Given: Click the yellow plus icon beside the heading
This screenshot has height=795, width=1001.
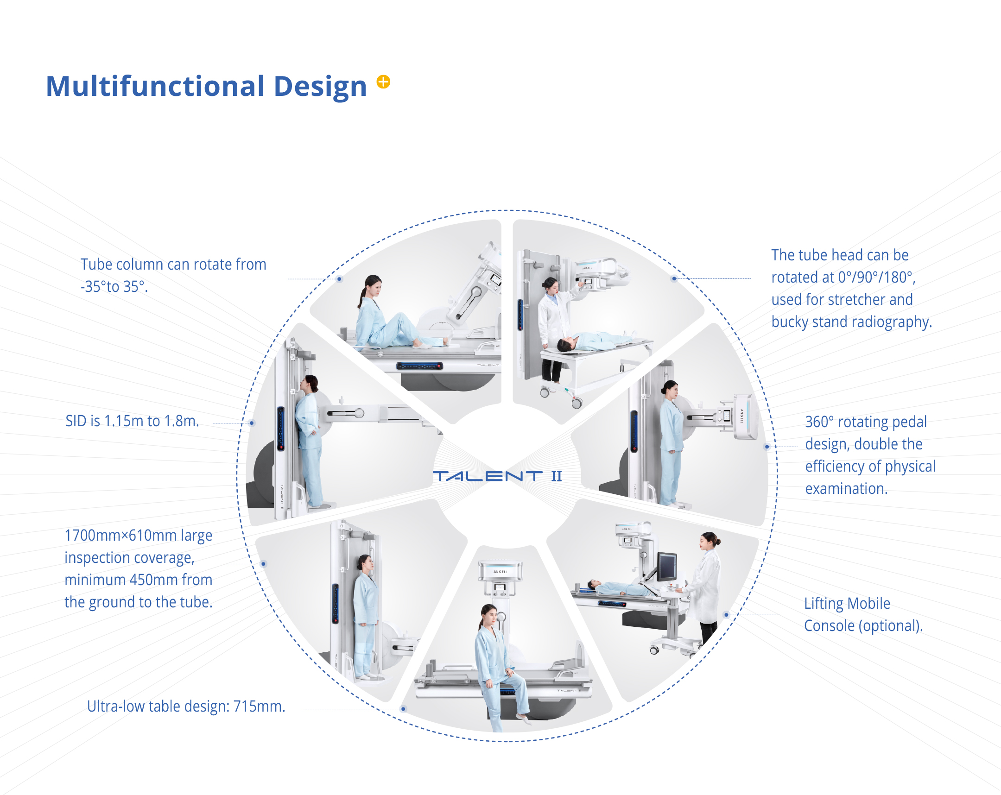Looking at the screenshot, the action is pyautogui.click(x=383, y=82).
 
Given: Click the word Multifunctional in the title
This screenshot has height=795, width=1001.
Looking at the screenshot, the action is pyautogui.click(x=156, y=86).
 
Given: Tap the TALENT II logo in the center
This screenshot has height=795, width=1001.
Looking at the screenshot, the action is pyautogui.click(x=497, y=476).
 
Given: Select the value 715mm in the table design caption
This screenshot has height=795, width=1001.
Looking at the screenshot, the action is pyautogui.click(x=259, y=706).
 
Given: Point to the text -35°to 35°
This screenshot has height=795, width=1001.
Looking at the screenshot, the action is pyautogui.click(x=114, y=287).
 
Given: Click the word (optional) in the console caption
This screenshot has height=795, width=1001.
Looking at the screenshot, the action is pyautogui.click(x=891, y=625).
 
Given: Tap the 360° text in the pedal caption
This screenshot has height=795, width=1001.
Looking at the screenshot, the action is pyautogui.click(x=819, y=422).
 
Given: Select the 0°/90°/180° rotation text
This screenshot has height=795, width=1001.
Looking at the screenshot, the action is pyautogui.click(x=877, y=277).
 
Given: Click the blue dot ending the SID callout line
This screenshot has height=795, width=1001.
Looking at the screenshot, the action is pyautogui.click(x=252, y=423).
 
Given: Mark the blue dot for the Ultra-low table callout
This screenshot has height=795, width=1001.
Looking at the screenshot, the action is pyautogui.click(x=404, y=709).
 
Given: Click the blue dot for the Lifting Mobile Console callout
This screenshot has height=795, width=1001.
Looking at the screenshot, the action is pyautogui.click(x=727, y=615).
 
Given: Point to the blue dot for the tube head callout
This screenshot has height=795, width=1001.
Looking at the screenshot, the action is pyautogui.click(x=674, y=278).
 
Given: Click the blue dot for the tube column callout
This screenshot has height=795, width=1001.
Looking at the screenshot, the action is pyautogui.click(x=339, y=279).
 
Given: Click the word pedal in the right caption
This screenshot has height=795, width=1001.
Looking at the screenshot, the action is pyautogui.click(x=906, y=422).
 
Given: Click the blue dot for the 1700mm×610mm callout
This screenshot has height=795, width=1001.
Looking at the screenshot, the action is pyautogui.click(x=263, y=564).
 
